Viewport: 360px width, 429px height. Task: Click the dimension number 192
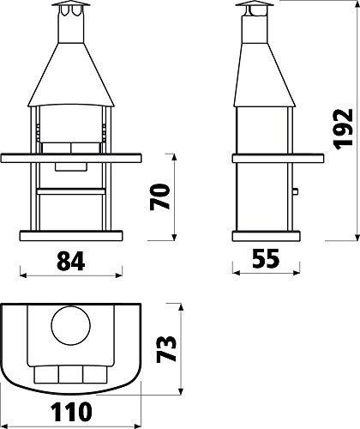tap(344, 130)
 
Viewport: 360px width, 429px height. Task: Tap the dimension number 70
tap(160, 197)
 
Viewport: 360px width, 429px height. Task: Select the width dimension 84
tap(71, 261)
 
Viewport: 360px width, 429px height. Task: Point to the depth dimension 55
tap(266, 258)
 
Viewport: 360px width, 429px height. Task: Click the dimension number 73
tap(166, 348)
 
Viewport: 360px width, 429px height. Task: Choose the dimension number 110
tap(71, 412)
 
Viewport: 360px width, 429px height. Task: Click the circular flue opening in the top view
tap(71, 325)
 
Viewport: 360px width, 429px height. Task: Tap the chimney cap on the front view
tap(71, 3)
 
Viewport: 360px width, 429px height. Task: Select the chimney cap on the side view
tap(255, 3)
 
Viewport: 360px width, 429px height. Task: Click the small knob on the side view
tap(296, 191)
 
